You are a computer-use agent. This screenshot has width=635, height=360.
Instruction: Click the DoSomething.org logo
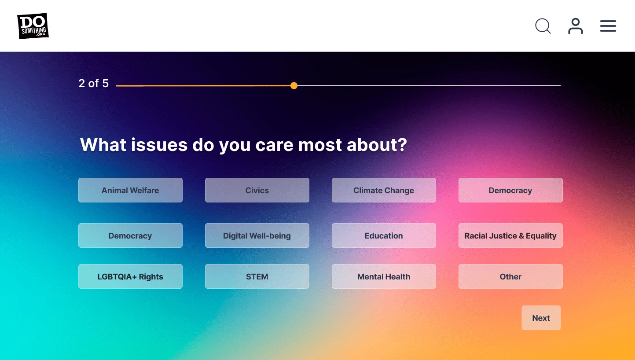pos(33,26)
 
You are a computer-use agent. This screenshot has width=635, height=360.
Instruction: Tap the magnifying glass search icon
pos(543,26)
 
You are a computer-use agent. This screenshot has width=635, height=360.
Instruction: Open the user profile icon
pos(576,26)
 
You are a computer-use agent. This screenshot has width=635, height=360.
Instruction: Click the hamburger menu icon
pos(608,26)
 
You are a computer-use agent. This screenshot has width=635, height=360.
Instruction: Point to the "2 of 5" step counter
pos(94,83)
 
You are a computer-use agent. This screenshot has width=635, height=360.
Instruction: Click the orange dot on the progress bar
pos(294,86)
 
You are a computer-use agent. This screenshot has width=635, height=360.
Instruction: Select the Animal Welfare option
pos(130,190)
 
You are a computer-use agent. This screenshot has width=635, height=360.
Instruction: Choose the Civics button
pos(257,190)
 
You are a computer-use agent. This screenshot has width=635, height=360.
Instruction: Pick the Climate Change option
pos(384,190)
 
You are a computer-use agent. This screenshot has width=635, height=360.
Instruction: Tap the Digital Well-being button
pos(257,235)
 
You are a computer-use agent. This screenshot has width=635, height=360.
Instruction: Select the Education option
pos(384,235)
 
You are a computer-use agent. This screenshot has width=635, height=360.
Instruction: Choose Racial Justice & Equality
pos(510,235)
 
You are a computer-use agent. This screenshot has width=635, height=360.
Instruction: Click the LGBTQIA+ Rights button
pos(130,276)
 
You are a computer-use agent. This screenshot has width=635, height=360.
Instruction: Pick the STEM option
pos(257,276)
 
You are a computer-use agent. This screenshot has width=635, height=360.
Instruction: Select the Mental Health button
pos(384,276)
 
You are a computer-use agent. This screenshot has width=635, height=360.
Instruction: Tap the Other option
pos(510,276)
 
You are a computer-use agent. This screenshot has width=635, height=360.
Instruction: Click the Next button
pos(541,318)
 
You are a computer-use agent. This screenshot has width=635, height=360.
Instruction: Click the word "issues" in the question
pos(159,145)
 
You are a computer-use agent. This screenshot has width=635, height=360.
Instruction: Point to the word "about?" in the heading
pos(377,145)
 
